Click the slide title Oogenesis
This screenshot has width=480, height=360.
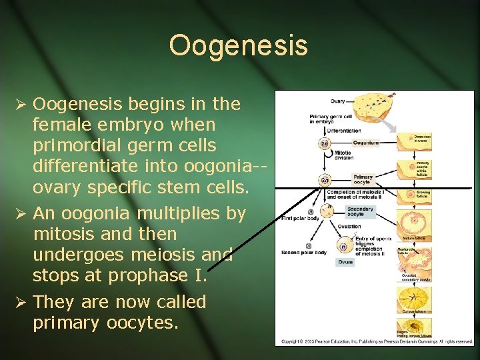tap(239, 46)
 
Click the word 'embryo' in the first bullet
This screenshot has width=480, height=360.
tap(124, 125)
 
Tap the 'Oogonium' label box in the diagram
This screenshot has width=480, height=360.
tap(365, 142)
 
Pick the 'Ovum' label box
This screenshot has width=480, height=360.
tap(345, 262)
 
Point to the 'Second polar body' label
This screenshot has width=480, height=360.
tap(303, 253)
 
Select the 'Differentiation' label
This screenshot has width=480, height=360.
tap(343, 131)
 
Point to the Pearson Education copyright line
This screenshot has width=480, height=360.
tap(377, 341)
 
